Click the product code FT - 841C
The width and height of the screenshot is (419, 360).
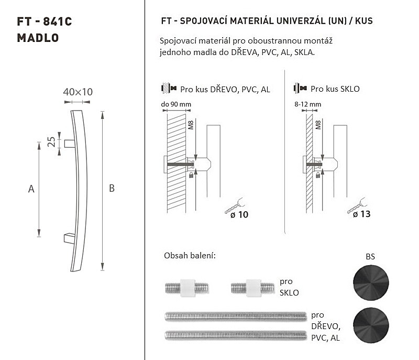click(x=45, y=21)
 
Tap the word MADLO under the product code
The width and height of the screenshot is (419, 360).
click(x=38, y=38)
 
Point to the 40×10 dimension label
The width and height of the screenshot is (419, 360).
click(x=78, y=92)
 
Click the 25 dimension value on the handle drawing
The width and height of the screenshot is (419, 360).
click(x=51, y=142)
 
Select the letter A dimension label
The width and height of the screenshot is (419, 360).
click(x=31, y=189)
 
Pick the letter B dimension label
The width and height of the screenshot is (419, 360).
click(x=112, y=189)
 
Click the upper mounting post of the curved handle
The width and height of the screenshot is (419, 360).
click(x=70, y=144)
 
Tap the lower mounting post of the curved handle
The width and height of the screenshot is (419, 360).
click(x=70, y=238)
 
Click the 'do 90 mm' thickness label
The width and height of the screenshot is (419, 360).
click(x=176, y=104)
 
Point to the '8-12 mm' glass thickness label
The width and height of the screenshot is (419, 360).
click(x=307, y=104)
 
